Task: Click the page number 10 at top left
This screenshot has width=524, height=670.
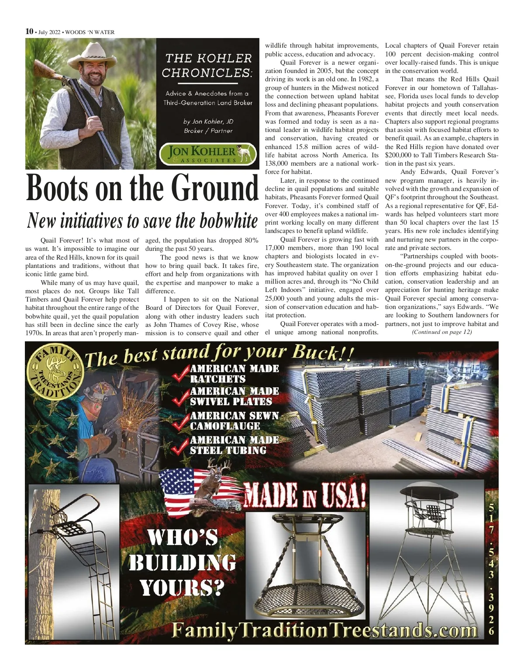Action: pos(29,31)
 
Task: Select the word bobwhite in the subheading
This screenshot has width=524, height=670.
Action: pos(229,220)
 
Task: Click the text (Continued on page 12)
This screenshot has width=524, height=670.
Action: pos(441,332)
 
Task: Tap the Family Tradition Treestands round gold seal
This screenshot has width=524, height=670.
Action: pos(55,371)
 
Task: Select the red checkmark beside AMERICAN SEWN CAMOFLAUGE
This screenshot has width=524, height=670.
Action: pos(180,421)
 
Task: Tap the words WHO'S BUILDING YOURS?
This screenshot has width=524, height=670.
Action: pos(182,563)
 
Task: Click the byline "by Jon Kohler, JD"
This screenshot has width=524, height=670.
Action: pos(208,122)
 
